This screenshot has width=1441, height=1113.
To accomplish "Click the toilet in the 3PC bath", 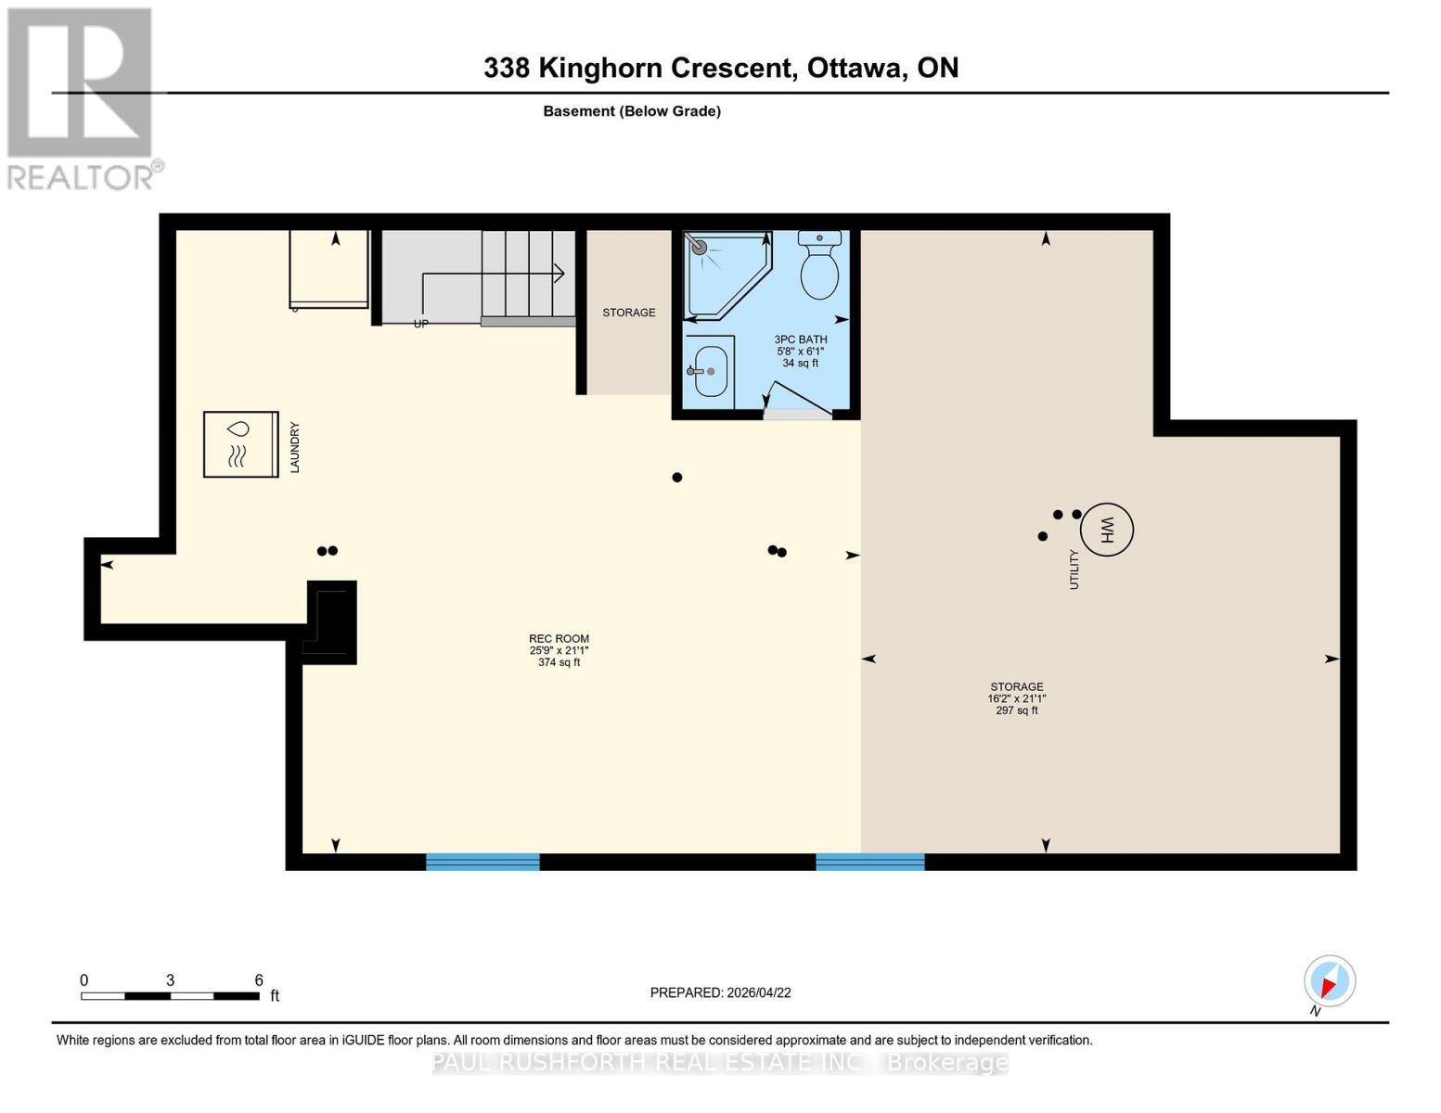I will click(819, 266).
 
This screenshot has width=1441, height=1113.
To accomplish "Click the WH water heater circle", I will click(1106, 530).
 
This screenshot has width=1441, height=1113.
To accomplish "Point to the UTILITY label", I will click(1074, 569).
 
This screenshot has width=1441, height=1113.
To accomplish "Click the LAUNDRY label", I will click(295, 447).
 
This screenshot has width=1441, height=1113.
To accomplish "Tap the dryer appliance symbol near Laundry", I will click(240, 444).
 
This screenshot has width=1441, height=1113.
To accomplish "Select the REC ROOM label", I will click(559, 639).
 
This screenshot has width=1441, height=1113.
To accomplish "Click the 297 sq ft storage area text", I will click(1016, 710).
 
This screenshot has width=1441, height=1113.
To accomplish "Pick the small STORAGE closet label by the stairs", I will click(629, 313).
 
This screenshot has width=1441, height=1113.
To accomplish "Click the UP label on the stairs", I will click(420, 324).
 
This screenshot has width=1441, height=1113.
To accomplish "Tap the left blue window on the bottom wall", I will click(482, 862).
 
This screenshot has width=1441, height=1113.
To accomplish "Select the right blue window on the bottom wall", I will click(870, 862).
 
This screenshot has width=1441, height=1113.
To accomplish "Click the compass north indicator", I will click(1329, 982).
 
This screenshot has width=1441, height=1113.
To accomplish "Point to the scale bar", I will click(170, 996).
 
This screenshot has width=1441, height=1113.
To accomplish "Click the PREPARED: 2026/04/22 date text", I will click(720, 992).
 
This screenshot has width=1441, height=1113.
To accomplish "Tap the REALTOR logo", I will click(82, 97).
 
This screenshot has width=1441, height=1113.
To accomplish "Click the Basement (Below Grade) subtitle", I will click(632, 111).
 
